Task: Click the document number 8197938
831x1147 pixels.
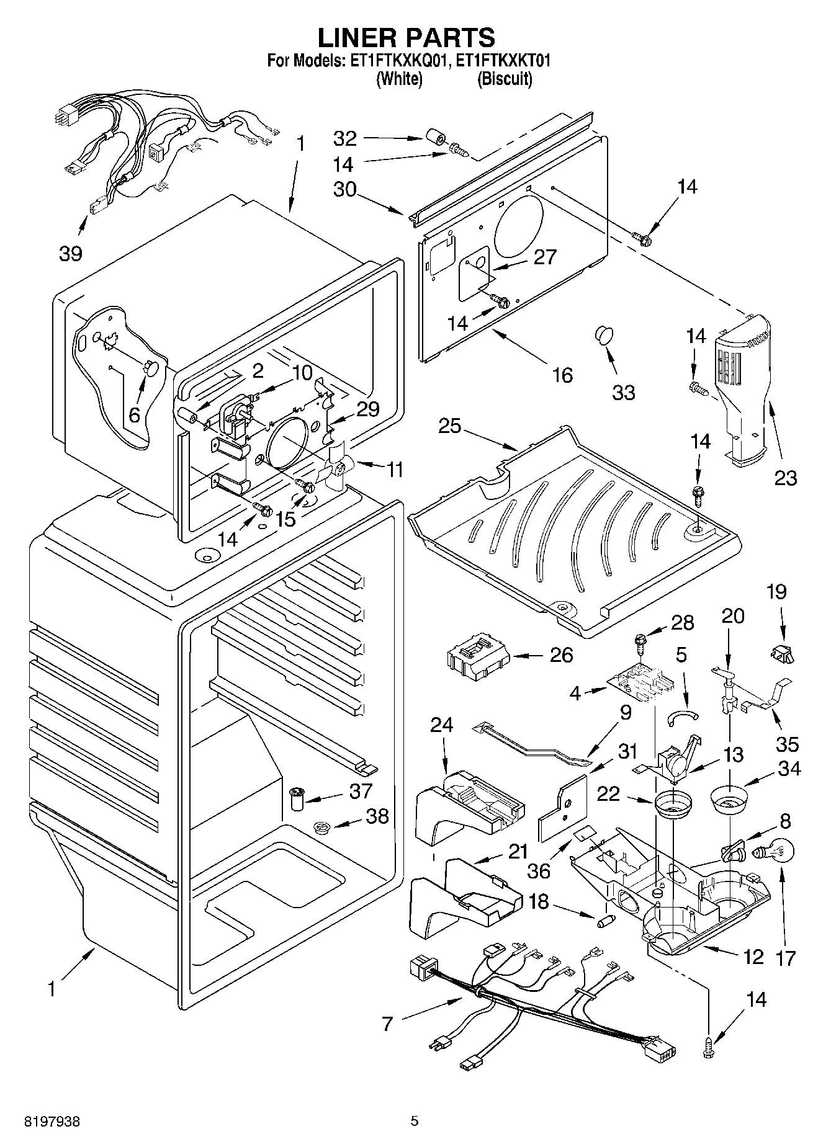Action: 52,1121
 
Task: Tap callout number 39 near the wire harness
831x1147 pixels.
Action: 71,253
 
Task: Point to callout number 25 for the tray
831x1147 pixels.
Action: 450,427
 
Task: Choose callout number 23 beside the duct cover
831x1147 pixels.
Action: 785,478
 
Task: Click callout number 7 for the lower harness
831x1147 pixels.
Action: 387,1024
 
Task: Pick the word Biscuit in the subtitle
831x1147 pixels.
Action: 505,79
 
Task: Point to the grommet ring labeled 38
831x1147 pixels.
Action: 321,826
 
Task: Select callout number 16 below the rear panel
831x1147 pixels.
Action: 562,375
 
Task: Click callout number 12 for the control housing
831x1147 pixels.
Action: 753,957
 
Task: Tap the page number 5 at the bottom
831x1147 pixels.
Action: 415,1121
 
